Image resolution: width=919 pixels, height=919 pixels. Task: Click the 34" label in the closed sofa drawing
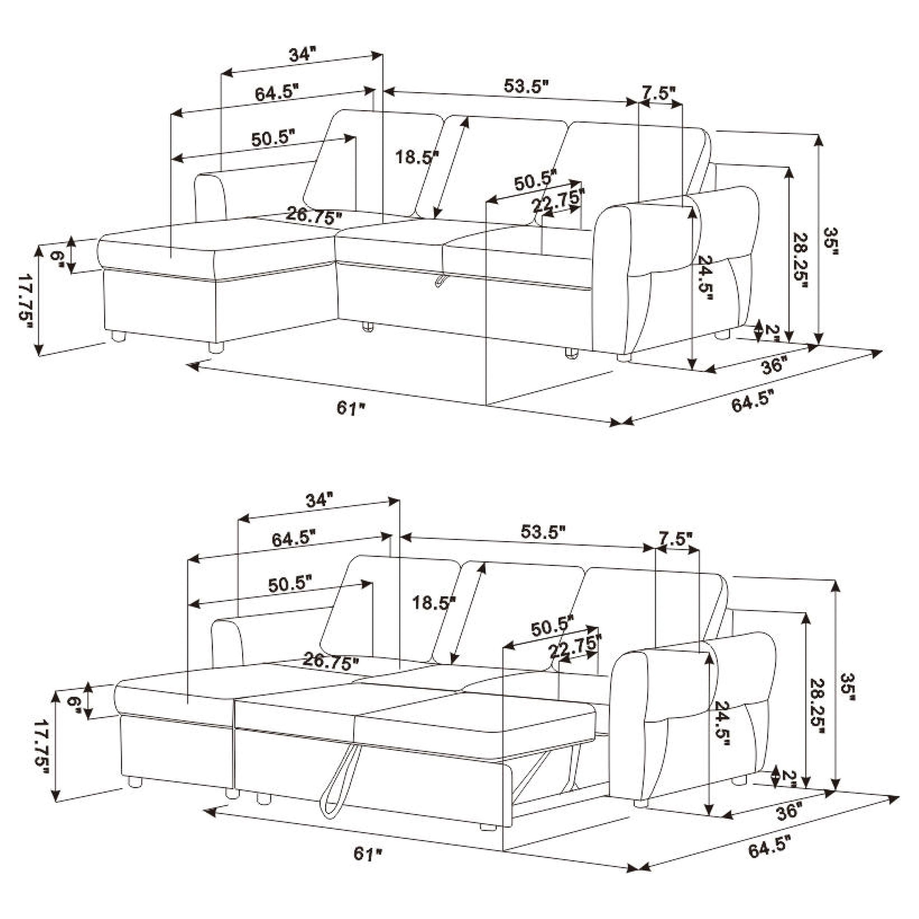303,54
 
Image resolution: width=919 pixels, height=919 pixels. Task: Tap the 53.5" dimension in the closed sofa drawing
526,86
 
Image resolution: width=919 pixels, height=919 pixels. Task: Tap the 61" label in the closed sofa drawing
351,408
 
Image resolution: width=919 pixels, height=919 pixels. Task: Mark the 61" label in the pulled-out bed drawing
368,854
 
